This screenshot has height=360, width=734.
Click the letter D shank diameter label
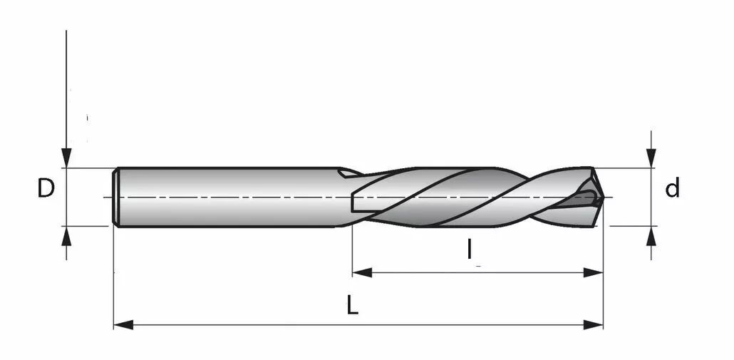pos(46,188)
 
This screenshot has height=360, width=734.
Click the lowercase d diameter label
pos(672,188)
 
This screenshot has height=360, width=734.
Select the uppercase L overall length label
pos(353,306)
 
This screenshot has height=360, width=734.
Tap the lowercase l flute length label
pos(470,249)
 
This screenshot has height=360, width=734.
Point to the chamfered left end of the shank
pos(115,197)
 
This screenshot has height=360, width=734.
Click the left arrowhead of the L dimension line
pos(123,324)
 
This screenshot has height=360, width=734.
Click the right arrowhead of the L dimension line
pos(593,324)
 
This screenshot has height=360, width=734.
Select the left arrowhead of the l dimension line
pos(362,272)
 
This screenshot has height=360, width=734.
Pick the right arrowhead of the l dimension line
pos(593,272)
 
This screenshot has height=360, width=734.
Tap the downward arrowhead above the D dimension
pos(66,158)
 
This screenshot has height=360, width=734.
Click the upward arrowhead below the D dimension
pos(66,237)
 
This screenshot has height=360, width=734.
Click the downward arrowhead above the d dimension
pos(651,158)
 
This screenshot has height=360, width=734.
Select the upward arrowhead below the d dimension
pos(651,236)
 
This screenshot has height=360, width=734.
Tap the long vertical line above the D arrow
pos(66,89)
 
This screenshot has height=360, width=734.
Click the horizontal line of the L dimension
pos(358,324)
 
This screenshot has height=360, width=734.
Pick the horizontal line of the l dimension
pos(477,272)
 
